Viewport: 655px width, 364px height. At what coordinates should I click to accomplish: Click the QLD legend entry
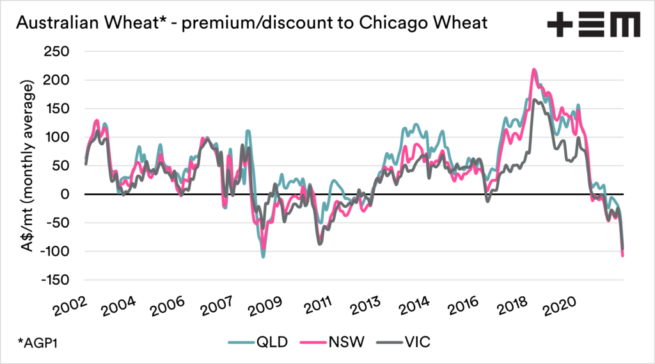(259, 342)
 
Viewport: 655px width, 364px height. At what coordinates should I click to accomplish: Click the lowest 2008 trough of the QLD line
(263, 257)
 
